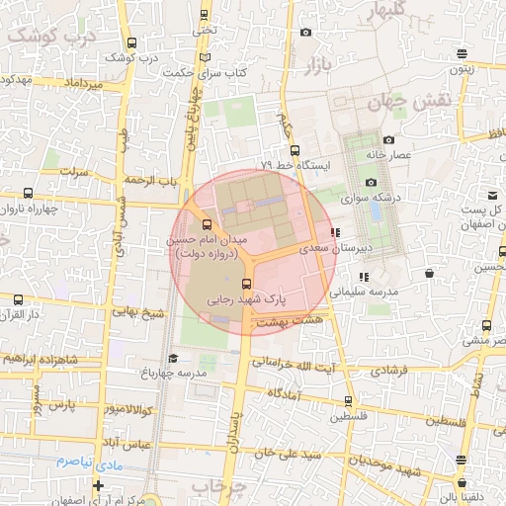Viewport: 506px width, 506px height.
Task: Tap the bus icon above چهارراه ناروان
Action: (28, 194)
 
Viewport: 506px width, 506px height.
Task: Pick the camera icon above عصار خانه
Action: (388, 139)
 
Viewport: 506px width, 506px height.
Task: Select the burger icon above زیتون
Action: (463, 53)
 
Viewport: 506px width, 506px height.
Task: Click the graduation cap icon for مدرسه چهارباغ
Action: (173, 358)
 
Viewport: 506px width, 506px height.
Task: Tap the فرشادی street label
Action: (387, 372)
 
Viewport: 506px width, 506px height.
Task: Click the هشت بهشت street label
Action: (289, 322)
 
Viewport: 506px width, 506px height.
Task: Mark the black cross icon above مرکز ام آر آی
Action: (98, 484)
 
